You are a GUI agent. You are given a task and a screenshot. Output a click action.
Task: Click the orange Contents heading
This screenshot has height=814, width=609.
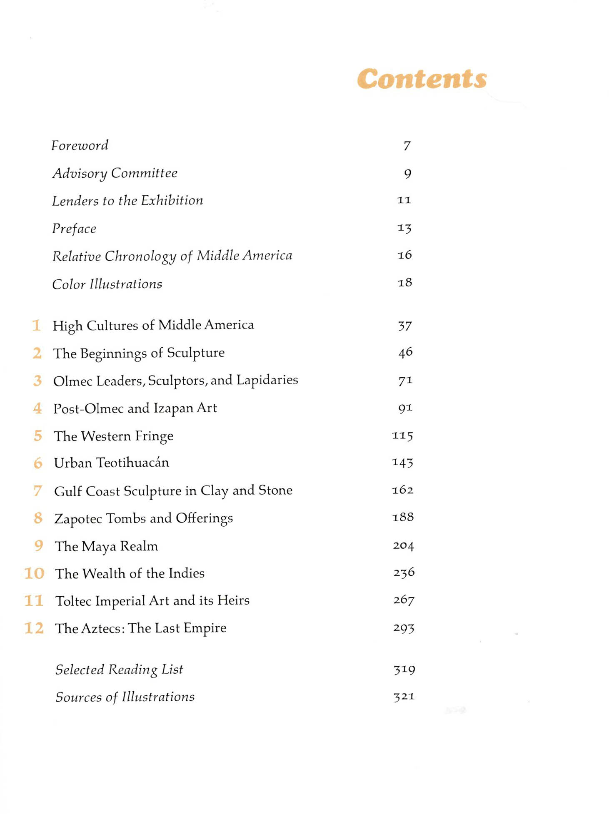(422, 79)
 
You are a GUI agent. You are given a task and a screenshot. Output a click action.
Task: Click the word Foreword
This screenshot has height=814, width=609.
(80, 145)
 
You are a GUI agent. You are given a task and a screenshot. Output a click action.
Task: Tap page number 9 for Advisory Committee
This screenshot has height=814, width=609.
(407, 173)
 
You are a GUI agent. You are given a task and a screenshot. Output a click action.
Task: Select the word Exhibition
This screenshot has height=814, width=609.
(172, 201)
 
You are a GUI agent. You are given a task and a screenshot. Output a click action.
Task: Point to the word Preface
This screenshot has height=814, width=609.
(74, 229)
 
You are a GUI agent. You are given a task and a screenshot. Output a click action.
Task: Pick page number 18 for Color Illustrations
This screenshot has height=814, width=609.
(404, 283)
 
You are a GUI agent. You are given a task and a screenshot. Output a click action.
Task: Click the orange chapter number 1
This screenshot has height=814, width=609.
(37, 325)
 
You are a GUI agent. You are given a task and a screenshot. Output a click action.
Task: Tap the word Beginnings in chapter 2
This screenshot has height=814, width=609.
(113, 353)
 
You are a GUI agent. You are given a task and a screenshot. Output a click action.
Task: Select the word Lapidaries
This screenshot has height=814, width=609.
(267, 380)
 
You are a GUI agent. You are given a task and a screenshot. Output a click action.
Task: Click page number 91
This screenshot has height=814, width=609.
(405, 408)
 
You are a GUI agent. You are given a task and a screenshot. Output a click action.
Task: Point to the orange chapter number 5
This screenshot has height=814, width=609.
(38, 436)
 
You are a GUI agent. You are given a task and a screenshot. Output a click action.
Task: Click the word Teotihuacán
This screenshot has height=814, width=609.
(132, 463)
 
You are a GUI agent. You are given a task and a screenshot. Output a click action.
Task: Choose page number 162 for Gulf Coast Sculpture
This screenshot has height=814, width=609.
(402, 490)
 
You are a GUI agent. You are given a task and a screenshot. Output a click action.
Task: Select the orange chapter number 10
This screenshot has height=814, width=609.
(34, 573)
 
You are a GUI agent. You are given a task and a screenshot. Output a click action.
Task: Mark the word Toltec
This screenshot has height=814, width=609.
(73, 601)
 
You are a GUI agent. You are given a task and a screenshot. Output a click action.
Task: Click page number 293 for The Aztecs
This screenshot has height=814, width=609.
(403, 628)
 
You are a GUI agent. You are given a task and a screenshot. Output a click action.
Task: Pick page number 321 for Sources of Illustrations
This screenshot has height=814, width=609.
(404, 697)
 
